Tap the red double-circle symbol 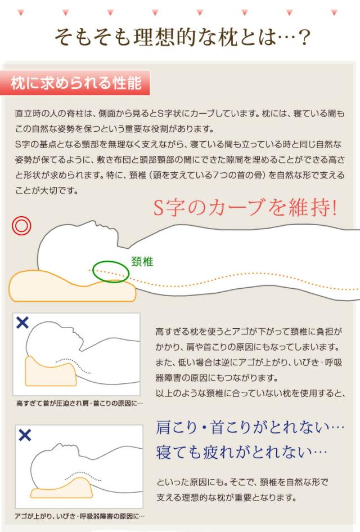point(21,226)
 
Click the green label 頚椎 point(142,262)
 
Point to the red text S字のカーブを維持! point(245,207)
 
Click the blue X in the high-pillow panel point(22,323)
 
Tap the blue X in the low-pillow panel point(25,435)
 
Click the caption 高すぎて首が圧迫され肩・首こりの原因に point(79,404)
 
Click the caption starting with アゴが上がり point(80,516)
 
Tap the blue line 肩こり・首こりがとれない point(250,427)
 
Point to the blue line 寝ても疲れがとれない point(241,452)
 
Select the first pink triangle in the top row point(21,12)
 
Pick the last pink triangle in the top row point(334,12)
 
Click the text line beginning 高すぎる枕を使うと point(249,332)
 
